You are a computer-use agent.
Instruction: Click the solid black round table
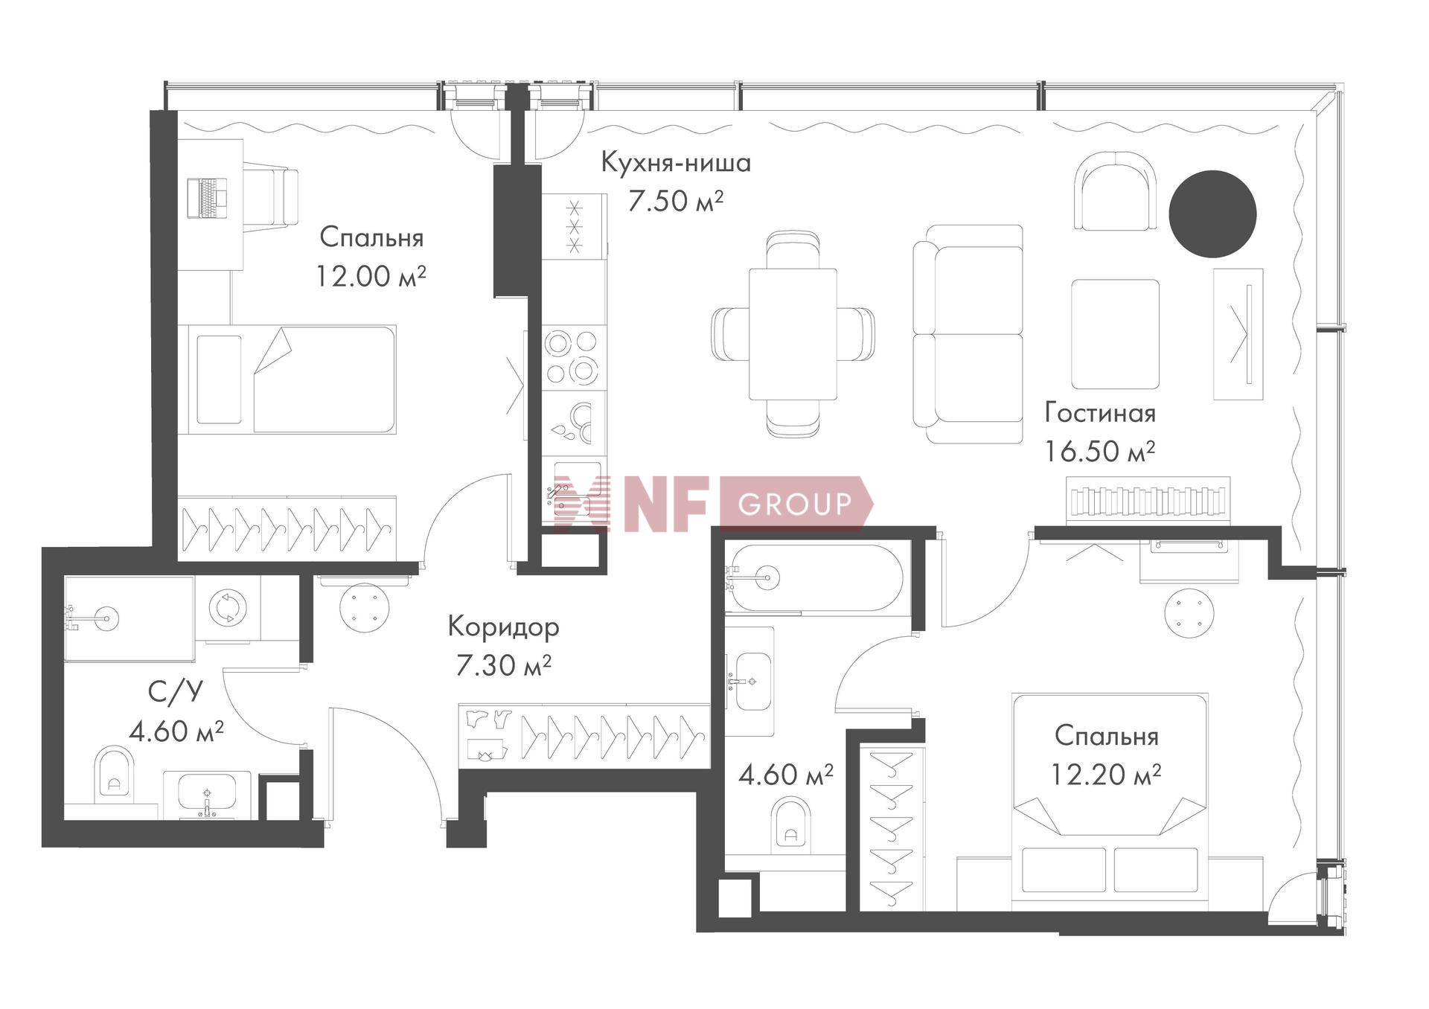pyautogui.click(x=1212, y=214)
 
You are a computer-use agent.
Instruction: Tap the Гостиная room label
pyautogui.click(x=1100, y=414)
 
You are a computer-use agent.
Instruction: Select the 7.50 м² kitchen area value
pyautogui.click(x=676, y=201)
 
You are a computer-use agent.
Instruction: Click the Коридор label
pyautogui.click(x=503, y=627)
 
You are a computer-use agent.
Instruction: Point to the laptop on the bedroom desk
pyautogui.click(x=208, y=198)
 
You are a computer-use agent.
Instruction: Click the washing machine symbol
pyautogui.click(x=224, y=607)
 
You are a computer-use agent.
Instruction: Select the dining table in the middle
pyautogui.click(x=793, y=333)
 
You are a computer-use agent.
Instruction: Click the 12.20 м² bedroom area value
pyautogui.click(x=1106, y=775)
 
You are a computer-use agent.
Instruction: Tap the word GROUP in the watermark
pyautogui.click(x=794, y=504)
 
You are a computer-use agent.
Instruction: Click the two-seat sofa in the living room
pyautogui.click(x=968, y=334)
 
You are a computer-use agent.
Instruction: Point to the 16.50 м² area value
pyautogui.click(x=1100, y=451)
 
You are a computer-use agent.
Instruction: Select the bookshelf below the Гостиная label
pyautogui.click(x=1148, y=501)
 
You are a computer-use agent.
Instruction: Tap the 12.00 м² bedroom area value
pyautogui.click(x=371, y=276)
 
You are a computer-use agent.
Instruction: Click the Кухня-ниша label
pyautogui.click(x=676, y=163)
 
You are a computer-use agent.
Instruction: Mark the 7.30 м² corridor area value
pyautogui.click(x=503, y=665)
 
